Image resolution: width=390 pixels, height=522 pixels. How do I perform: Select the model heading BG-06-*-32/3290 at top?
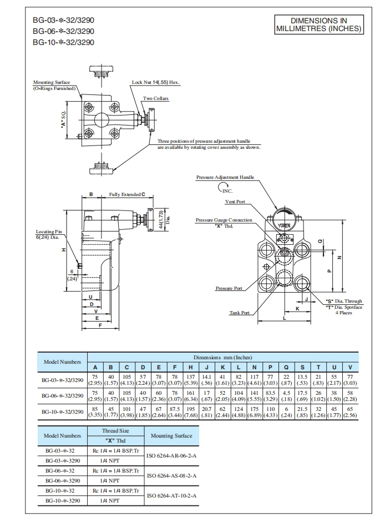[63, 32]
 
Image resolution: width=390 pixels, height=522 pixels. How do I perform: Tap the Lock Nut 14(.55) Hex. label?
[156, 82]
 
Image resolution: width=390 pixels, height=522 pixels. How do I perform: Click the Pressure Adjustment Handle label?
[225, 177]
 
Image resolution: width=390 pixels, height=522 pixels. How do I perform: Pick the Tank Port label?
[239, 313]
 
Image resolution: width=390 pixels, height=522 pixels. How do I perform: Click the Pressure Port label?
[229, 288]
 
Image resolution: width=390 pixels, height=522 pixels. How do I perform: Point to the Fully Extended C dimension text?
[127, 195]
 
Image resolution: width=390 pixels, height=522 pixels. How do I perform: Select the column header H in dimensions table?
[190, 367]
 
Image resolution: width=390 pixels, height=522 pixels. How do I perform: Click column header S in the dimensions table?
[302, 367]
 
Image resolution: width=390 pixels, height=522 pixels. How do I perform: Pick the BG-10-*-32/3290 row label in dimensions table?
[63, 411]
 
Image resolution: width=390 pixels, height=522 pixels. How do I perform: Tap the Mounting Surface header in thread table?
[171, 436]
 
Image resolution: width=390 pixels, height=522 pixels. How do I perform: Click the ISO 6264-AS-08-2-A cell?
[171, 475]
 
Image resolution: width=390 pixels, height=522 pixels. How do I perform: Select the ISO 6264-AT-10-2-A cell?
[171, 495]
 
